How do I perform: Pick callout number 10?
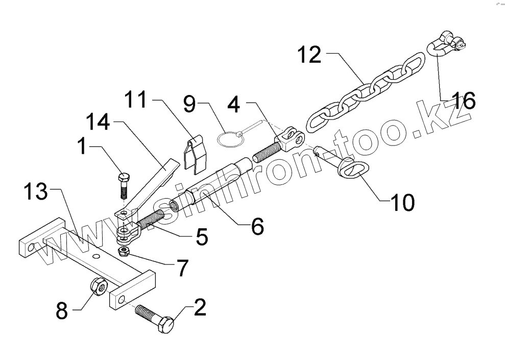pyautogui.click(x=402, y=202)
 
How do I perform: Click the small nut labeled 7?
pyautogui.click(x=123, y=252)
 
